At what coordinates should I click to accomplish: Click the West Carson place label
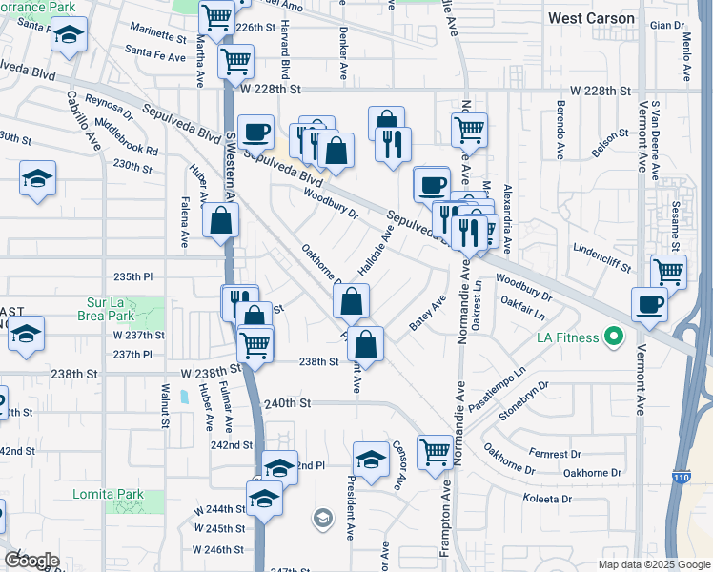591,18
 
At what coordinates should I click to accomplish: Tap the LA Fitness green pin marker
614,337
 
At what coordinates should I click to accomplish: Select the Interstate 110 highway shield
683,477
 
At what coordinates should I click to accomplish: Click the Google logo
31,560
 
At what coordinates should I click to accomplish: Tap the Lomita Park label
108,494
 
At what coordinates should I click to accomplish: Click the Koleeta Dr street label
546,499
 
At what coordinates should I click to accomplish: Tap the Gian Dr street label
661,25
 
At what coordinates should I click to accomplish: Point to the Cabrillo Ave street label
83,121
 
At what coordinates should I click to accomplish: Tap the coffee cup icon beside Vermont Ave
649,303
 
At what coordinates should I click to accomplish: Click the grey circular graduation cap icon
323,519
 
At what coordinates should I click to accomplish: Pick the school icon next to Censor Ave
371,458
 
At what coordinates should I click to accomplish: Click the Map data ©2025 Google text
653,564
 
